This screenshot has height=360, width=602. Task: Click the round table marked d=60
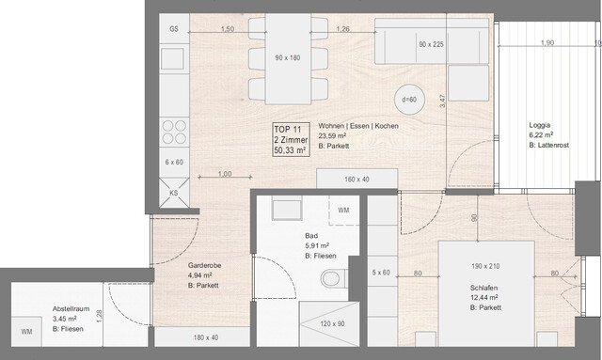point(408,99)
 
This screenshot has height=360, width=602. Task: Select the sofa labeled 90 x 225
point(431,44)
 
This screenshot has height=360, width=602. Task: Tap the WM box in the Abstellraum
point(26,332)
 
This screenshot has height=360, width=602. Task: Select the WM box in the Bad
point(343,211)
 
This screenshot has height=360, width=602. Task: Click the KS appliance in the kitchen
point(173,194)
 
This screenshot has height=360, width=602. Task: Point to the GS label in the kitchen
point(174,29)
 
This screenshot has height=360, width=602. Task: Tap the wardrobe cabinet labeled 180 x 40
point(204,337)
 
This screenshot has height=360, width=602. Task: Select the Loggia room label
point(540,125)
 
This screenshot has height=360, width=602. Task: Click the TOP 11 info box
point(290,138)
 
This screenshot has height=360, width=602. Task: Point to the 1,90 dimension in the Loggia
point(547,43)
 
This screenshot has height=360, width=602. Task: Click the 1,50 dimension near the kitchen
point(226,29)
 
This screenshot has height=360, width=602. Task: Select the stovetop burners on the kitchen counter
point(174,127)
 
